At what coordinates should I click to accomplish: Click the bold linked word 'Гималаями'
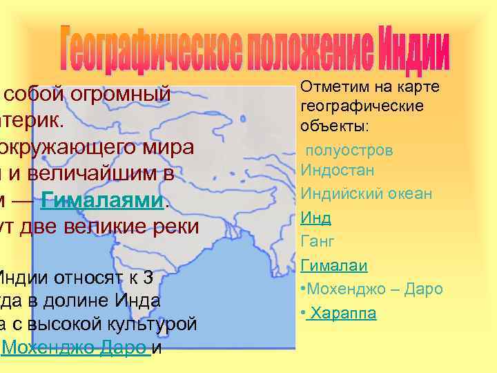tap(104, 202)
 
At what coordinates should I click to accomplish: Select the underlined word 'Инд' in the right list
tap(315, 218)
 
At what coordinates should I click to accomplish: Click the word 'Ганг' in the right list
tap(318, 242)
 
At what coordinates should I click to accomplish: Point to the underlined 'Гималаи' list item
tap(333, 265)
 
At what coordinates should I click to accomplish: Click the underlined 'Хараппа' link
tap(343, 313)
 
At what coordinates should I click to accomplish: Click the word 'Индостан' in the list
tap(335, 170)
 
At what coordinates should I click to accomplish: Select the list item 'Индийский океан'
tap(367, 194)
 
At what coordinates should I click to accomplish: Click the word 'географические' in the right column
tap(362, 107)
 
